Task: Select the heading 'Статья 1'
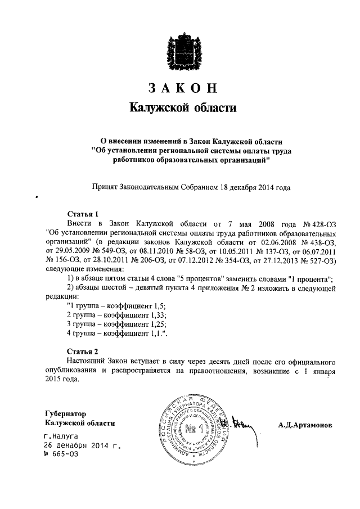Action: coord(83,214)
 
